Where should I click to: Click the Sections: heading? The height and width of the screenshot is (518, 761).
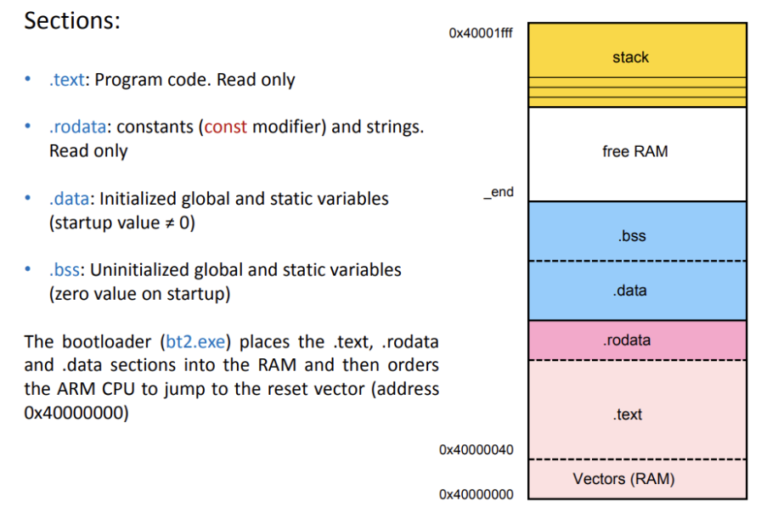point(72,20)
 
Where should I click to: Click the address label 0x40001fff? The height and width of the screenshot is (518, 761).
point(481,33)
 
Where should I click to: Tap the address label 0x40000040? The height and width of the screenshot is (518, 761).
point(476,449)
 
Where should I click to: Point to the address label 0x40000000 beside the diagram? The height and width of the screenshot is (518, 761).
point(476,494)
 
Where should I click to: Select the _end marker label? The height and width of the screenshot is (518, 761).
point(499,192)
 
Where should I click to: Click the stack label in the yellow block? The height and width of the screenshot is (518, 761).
point(630,58)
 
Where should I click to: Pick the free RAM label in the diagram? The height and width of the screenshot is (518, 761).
point(634,151)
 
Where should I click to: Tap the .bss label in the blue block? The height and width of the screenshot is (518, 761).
point(632,236)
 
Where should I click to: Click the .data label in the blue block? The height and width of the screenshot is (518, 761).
point(629,290)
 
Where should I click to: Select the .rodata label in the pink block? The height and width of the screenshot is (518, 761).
point(627,341)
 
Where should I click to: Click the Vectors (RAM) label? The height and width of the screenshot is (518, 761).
point(623,479)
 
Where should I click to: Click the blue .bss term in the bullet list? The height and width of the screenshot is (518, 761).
point(65,270)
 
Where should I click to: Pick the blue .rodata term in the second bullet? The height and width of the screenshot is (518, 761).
point(78,127)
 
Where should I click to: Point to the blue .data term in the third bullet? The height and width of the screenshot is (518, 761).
point(70,199)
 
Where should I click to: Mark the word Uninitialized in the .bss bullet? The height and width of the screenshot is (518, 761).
point(139,270)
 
